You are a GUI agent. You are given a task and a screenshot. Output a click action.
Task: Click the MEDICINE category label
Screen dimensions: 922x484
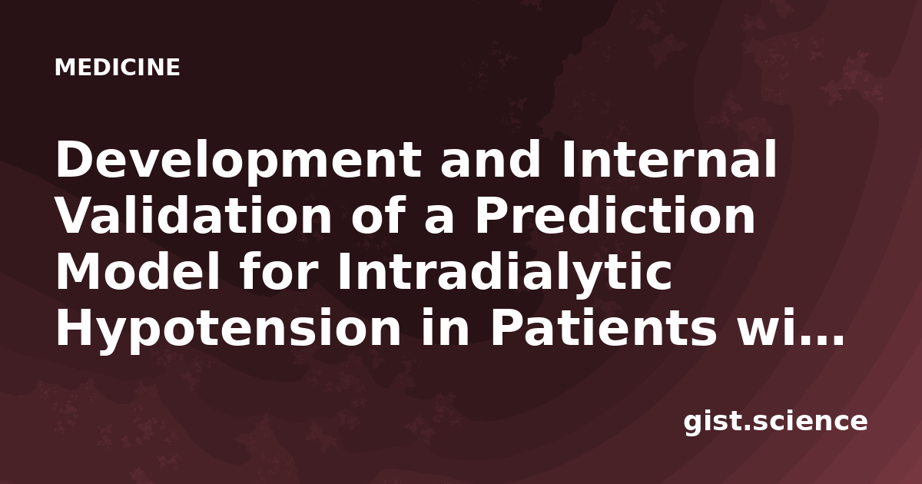[118, 67]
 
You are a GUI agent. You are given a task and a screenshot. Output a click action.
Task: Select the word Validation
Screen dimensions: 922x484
[194, 214]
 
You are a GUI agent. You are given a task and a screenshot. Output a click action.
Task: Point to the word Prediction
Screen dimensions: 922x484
[615, 214]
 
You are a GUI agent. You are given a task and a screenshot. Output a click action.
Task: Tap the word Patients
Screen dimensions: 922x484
[603, 327]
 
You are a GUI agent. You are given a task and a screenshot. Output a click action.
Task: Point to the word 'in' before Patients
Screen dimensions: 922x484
[446, 327]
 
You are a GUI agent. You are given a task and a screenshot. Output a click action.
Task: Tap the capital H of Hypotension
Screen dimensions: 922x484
[76, 327]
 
